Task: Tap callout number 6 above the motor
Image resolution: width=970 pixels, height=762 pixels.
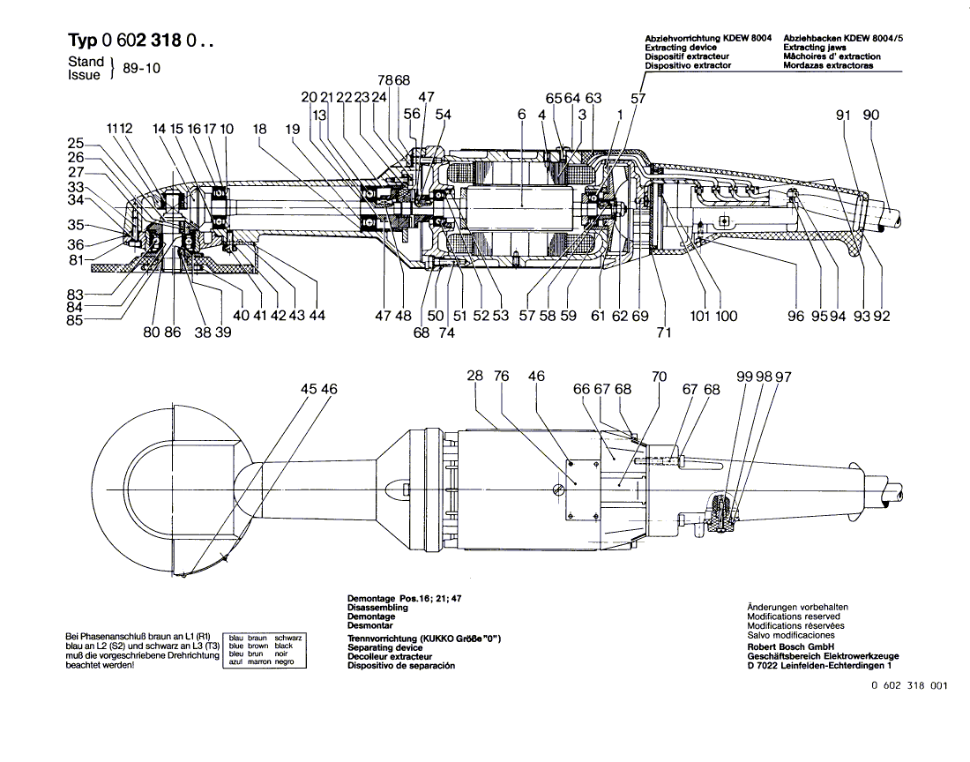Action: [x=522, y=114]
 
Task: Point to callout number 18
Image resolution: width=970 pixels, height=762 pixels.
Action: [x=259, y=129]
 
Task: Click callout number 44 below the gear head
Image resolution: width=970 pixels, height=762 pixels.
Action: [x=317, y=316]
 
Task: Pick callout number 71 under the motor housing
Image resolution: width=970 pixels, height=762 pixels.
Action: [x=663, y=332]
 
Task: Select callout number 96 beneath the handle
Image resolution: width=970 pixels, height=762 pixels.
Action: [x=796, y=316]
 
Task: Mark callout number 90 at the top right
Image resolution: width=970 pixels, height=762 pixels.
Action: [x=871, y=114]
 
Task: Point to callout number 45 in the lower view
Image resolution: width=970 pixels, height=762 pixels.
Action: [x=308, y=388]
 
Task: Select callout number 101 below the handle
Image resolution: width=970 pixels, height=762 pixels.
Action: [x=701, y=316]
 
